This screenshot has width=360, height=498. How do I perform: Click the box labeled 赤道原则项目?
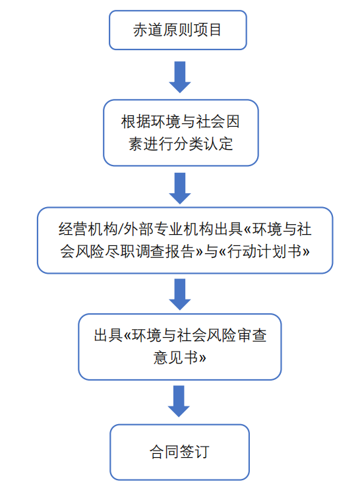(178, 30)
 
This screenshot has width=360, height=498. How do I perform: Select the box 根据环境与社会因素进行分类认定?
(181, 133)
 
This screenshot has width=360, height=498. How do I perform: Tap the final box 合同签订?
(180, 452)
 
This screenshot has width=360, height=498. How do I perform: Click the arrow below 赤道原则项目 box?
(180, 77)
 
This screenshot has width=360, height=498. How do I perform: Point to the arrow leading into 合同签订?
(179, 401)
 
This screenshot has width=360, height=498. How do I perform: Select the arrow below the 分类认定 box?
(180, 189)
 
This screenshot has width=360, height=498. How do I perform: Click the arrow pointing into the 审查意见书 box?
(180, 294)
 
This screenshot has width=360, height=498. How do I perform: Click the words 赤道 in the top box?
(148, 30)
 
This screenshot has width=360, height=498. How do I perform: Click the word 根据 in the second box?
(136, 121)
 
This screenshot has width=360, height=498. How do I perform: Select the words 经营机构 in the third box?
(88, 229)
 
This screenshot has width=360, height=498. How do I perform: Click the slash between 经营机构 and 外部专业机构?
(121, 229)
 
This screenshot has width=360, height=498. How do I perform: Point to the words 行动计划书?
(264, 251)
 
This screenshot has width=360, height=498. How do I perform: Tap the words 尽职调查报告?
(150, 251)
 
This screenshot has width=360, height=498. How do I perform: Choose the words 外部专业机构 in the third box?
(168, 229)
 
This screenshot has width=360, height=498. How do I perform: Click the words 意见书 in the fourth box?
(176, 358)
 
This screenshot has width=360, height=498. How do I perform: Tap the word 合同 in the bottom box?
(164, 452)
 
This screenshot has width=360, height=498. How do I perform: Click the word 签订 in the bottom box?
(195, 452)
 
